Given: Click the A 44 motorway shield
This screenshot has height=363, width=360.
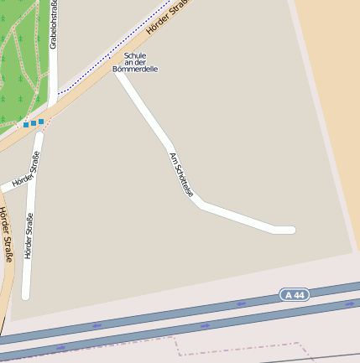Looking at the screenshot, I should click(x=295, y=294).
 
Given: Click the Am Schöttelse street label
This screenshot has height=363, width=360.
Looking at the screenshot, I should click(x=181, y=174).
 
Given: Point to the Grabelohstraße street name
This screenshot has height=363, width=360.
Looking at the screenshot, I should click(x=53, y=25).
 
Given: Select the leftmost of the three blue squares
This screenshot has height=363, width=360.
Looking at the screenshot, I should click(x=26, y=124).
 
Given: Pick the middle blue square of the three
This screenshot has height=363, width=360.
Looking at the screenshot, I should click(x=34, y=122).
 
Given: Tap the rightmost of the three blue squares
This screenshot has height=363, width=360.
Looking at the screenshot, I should click(x=41, y=121).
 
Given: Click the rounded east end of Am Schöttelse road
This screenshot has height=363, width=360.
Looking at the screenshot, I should click(x=290, y=230).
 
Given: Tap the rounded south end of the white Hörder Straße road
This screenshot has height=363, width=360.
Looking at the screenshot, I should click(x=25, y=295).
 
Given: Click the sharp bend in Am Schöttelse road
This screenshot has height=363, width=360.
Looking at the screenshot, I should click(x=199, y=202).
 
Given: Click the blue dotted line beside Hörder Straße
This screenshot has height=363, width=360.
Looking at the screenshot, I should click(x=109, y=59).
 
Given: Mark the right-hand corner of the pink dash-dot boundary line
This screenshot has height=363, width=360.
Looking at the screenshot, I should click(x=300, y=343).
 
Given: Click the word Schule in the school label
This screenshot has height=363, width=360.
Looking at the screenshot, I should click(x=135, y=55).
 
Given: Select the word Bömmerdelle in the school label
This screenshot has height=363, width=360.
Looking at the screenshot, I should click(x=135, y=70).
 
